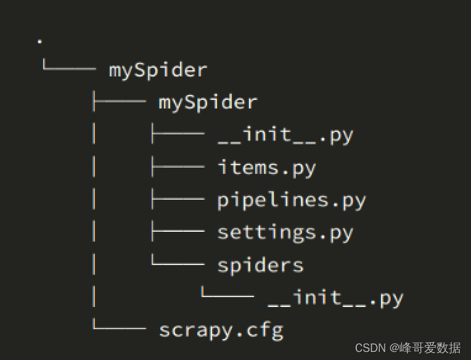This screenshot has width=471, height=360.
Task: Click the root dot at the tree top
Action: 39,41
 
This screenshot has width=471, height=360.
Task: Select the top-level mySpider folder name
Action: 158,71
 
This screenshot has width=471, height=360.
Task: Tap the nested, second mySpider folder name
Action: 208,103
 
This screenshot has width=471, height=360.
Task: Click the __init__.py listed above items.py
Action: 285,135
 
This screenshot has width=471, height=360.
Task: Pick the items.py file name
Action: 267,168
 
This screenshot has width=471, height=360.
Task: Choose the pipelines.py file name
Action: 292,200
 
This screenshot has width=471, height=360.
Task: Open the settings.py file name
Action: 285,233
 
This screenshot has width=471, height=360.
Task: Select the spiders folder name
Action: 260,266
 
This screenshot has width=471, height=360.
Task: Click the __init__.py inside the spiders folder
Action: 335,298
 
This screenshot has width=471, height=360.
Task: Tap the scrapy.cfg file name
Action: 221,331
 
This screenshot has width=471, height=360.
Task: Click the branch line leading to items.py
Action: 178,166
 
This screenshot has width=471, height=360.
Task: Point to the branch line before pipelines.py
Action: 178,198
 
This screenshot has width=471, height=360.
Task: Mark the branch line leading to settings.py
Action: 178,231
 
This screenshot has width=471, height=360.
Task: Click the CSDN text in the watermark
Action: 371,348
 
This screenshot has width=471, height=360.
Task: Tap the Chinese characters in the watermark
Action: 430,348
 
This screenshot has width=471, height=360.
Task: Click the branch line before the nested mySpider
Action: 120,101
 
